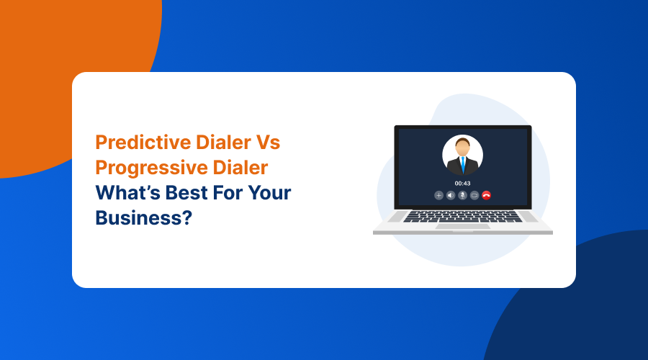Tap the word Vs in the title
point(266,143)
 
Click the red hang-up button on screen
point(486,195)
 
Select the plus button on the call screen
point(438,195)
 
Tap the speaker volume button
point(451,195)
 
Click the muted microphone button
point(462,195)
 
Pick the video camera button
point(474,195)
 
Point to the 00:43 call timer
point(462,183)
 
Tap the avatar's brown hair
point(462,143)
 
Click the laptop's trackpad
point(462,227)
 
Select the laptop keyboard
point(462,216)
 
